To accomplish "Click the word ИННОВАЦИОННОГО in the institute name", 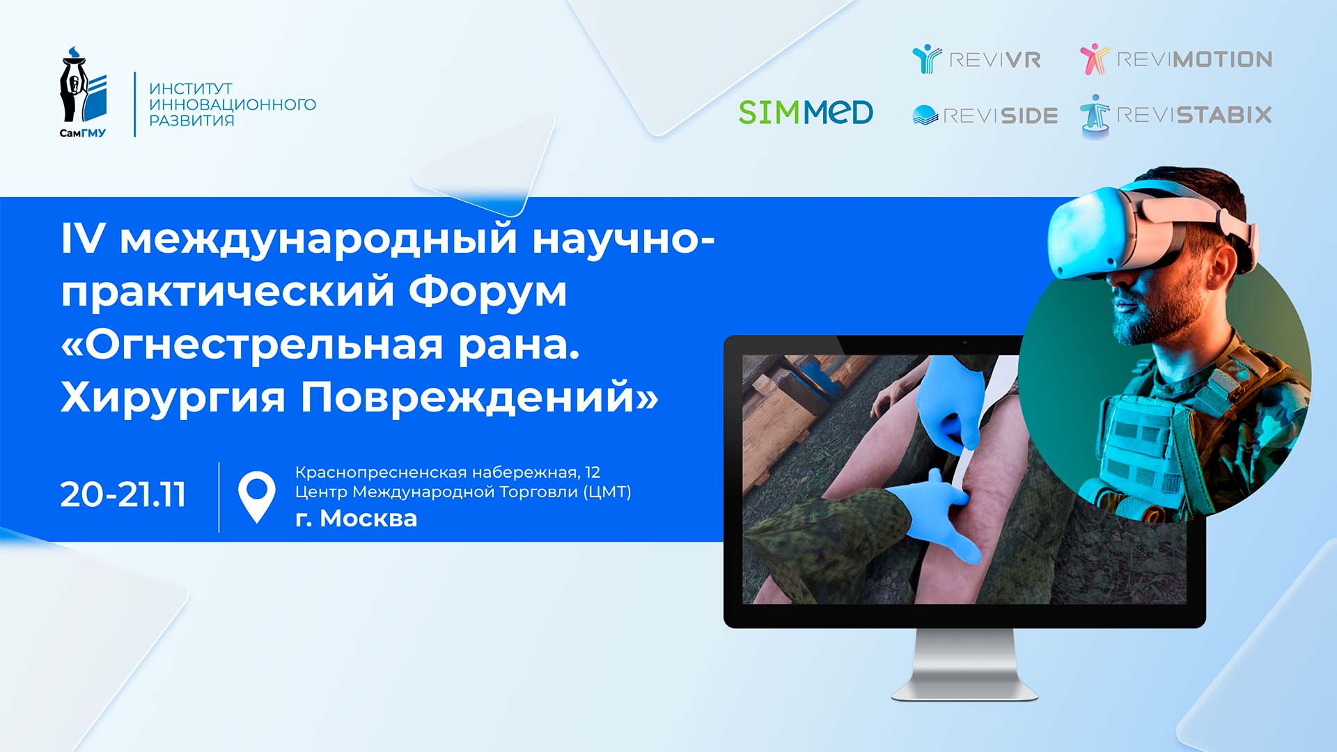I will (233, 104).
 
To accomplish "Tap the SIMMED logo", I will (806, 112).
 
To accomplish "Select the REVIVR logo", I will (976, 59).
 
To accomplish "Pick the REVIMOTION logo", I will (1176, 59).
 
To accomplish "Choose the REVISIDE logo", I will (985, 116).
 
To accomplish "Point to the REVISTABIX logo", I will (1176, 115).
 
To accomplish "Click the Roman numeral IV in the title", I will (82, 238).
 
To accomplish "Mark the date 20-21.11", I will (123, 495).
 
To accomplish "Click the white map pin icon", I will (257, 495).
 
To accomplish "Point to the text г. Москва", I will (356, 519).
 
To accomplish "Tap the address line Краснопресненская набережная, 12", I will (447, 472).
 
